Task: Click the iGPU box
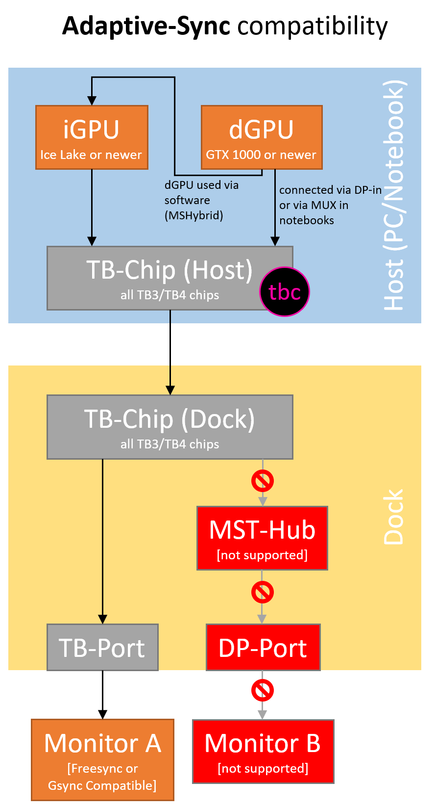click(92, 137)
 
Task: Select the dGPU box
click(262, 137)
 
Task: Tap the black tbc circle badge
click(284, 291)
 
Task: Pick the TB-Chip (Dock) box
click(169, 427)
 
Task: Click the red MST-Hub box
click(262, 538)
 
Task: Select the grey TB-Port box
click(102, 647)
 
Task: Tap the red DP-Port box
click(263, 647)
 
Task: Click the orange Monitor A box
click(102, 759)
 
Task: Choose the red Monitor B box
click(263, 752)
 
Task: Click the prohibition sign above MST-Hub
click(263, 481)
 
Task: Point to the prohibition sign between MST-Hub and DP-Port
click(263, 592)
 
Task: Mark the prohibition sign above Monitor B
click(263, 690)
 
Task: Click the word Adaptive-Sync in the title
click(146, 26)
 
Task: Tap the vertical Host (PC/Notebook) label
click(394, 195)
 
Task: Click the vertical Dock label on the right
click(394, 517)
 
